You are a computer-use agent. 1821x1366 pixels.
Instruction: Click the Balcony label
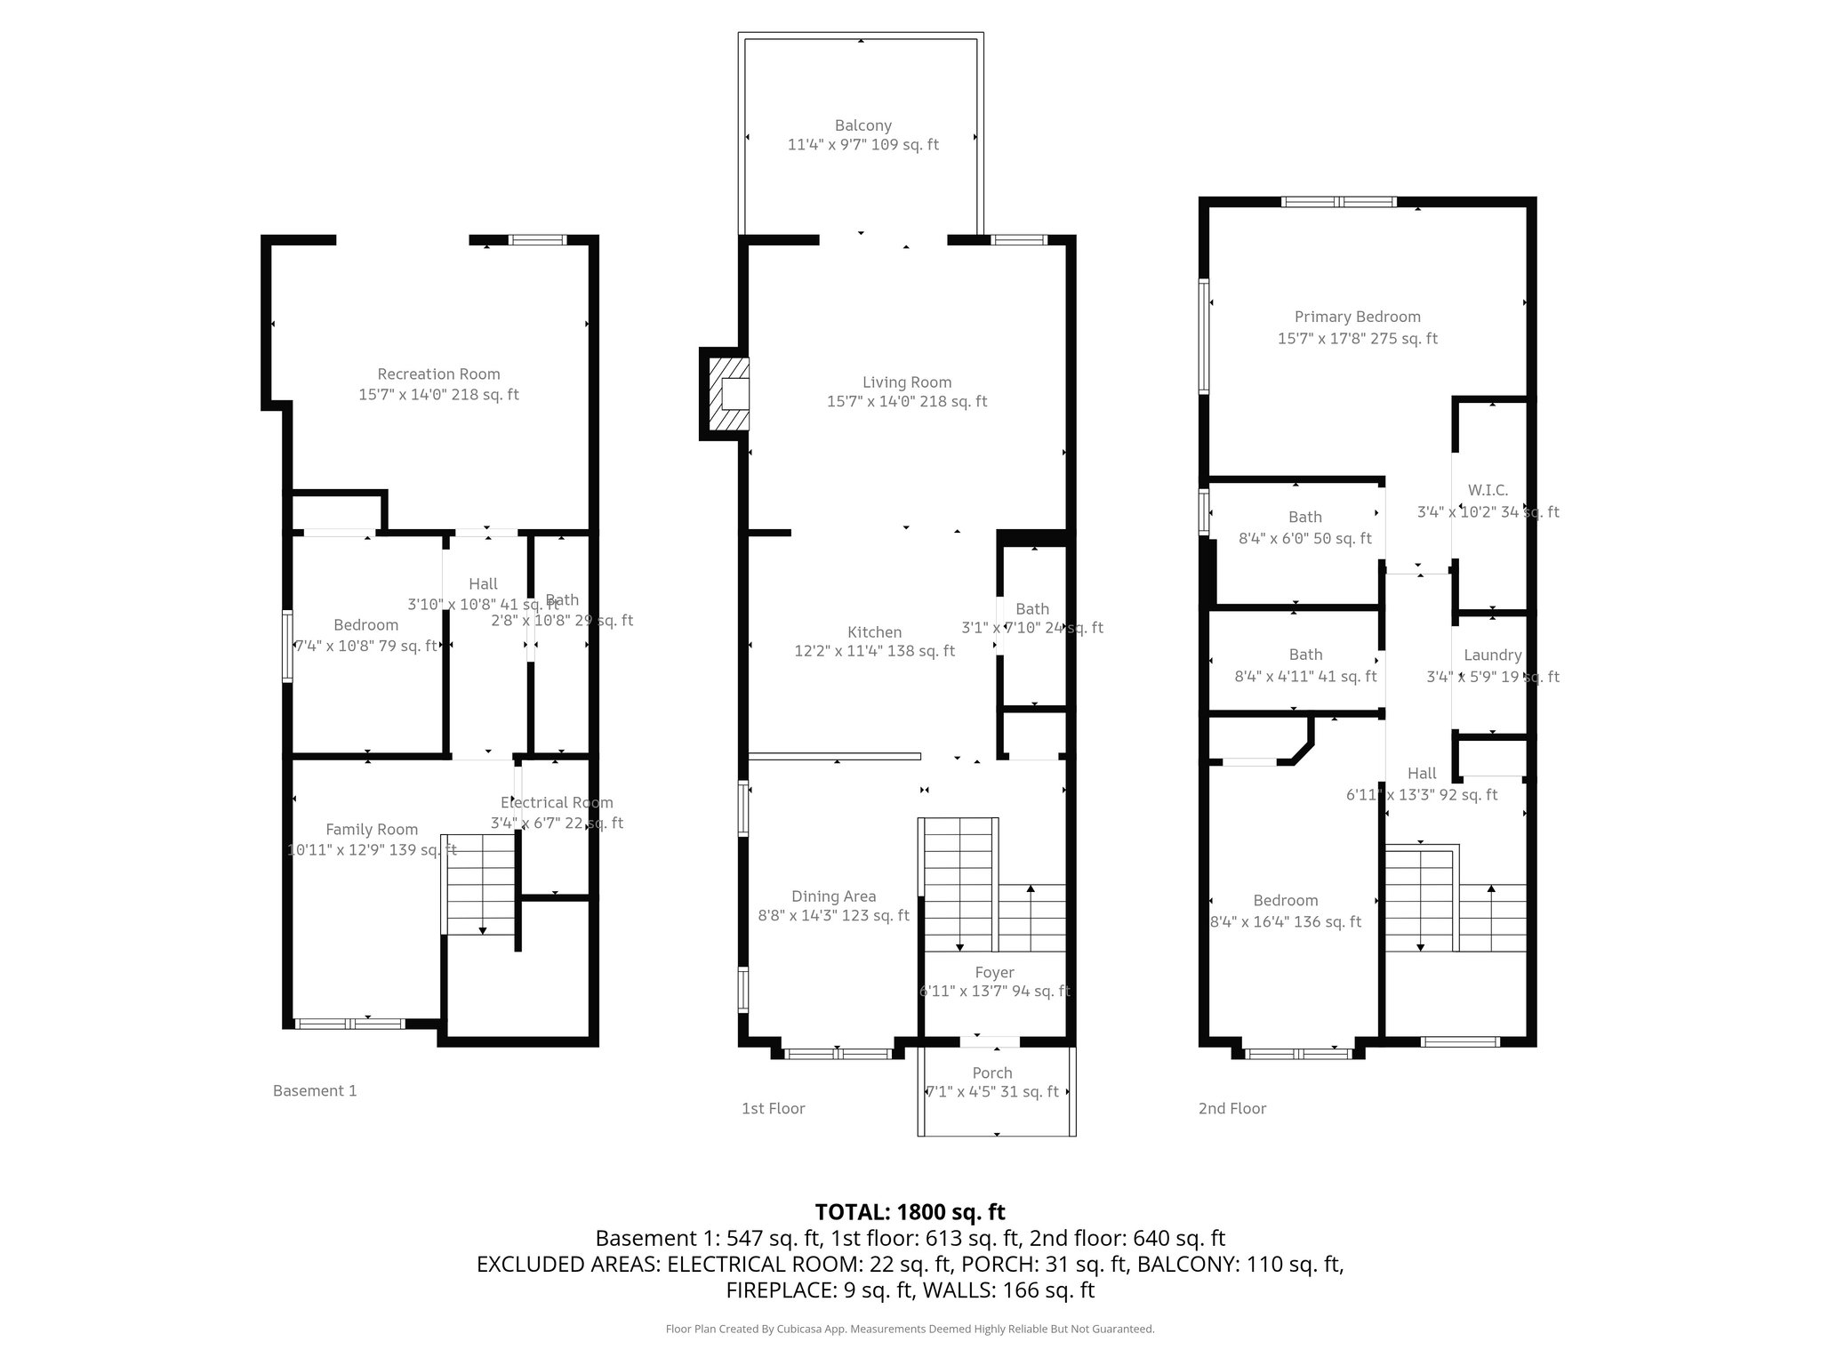[x=862, y=126]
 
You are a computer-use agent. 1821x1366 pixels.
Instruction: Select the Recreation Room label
[x=438, y=374]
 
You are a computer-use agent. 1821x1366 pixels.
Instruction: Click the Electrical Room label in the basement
[x=557, y=803]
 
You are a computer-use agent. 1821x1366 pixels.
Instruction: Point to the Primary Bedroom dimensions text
[x=1357, y=339]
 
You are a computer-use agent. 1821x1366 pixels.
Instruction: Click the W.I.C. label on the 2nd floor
[x=1488, y=491]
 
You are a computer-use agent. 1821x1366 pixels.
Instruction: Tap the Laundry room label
[x=1492, y=655]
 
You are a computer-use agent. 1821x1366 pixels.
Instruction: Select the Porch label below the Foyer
[x=992, y=1073]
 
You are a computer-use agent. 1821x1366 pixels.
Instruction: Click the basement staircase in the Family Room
[x=480, y=885]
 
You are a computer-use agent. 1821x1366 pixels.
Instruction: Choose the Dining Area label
[x=833, y=897]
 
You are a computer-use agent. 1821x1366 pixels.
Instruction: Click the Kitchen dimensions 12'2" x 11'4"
[x=874, y=651]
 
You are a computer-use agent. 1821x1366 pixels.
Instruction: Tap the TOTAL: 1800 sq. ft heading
[x=910, y=1212]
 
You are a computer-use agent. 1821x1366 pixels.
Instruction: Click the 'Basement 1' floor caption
[x=315, y=1091]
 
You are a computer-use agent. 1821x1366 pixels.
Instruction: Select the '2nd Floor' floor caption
[x=1231, y=1109]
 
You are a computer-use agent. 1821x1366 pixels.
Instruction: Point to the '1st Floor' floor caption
[x=773, y=1109]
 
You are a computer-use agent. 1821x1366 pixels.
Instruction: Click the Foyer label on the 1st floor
[x=994, y=973]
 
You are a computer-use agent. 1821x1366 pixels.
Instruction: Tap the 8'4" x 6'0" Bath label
[x=1304, y=518]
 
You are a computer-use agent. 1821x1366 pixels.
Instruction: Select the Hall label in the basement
[x=483, y=584]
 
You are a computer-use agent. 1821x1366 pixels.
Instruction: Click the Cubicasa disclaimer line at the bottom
[x=910, y=1330]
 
